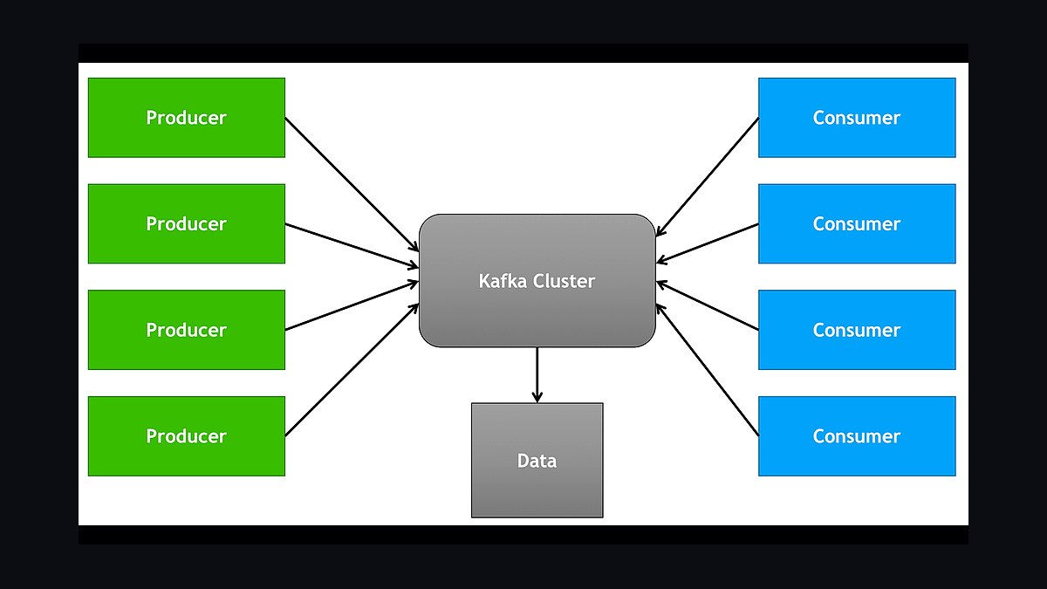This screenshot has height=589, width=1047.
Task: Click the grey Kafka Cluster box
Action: click(537, 280)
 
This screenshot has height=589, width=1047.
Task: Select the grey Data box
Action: click(537, 460)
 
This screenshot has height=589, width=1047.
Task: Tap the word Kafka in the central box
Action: click(503, 280)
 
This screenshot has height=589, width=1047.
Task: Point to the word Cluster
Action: click(564, 280)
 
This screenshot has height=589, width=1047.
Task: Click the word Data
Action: click(537, 461)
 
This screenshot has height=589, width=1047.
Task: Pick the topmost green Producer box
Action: click(187, 117)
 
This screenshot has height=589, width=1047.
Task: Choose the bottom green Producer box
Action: click(187, 436)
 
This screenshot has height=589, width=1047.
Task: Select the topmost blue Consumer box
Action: click(857, 117)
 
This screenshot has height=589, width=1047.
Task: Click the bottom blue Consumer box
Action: click(857, 436)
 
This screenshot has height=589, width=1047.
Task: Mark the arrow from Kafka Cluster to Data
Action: click(537, 375)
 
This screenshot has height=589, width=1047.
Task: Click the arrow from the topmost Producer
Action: click(352, 184)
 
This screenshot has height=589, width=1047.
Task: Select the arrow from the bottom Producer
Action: click(352, 370)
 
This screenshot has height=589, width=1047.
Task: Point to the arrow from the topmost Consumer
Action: click(708, 176)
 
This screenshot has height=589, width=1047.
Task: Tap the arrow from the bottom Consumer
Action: click(708, 370)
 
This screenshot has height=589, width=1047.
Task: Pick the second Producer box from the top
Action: click(187, 223)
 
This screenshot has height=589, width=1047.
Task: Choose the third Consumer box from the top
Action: click(857, 330)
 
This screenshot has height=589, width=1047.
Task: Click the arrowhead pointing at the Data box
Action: click(537, 396)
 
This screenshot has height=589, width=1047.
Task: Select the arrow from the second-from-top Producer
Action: click(352, 246)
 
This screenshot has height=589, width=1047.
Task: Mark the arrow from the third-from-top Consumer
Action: click(708, 305)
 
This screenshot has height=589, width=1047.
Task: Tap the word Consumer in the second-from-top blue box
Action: click(857, 224)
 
